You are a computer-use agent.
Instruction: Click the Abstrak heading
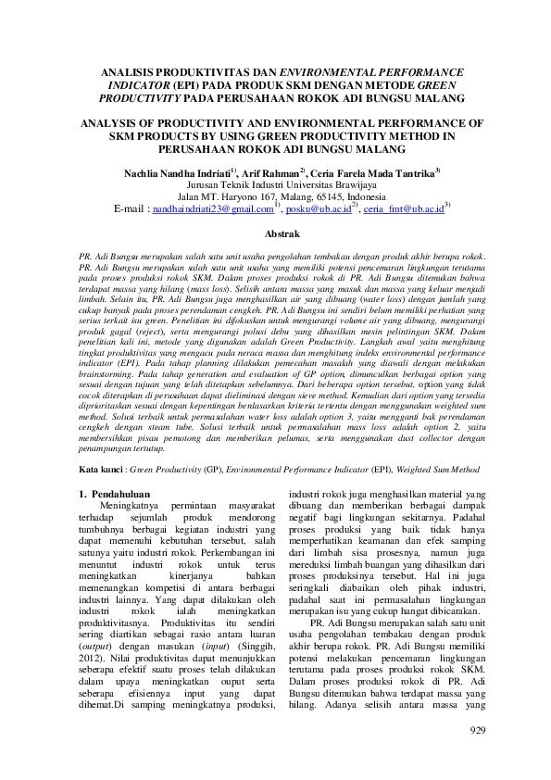click(275, 236)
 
